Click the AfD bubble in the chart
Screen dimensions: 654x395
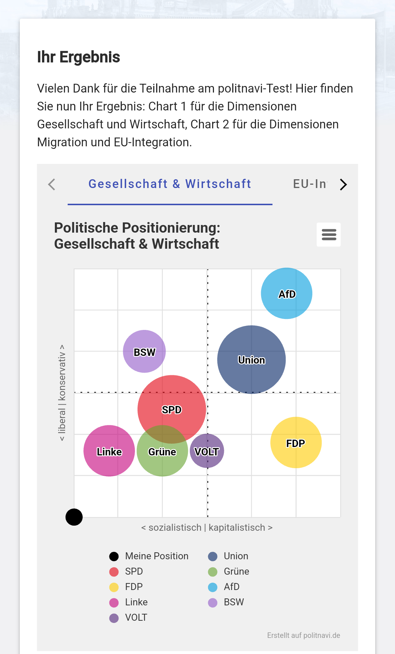286,293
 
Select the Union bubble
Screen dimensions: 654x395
251,360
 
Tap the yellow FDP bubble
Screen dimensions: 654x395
296,443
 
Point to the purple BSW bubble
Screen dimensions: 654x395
144,352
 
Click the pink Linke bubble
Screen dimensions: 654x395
109,451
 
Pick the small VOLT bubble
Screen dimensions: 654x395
207,451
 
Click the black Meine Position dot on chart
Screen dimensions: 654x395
74,517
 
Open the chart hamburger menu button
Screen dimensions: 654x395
329,234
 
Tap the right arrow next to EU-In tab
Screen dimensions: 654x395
343,185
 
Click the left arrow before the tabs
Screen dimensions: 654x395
52,184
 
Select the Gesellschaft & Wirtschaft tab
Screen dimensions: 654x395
170,184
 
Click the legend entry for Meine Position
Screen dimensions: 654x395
157,556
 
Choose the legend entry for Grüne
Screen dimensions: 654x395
236,571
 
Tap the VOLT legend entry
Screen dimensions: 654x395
136,617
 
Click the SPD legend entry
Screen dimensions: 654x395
133,571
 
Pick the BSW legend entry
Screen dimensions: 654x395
234,602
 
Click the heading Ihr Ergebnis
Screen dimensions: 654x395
79,57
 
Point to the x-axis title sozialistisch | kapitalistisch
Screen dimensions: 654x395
207,527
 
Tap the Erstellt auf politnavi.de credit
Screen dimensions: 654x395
303,635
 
